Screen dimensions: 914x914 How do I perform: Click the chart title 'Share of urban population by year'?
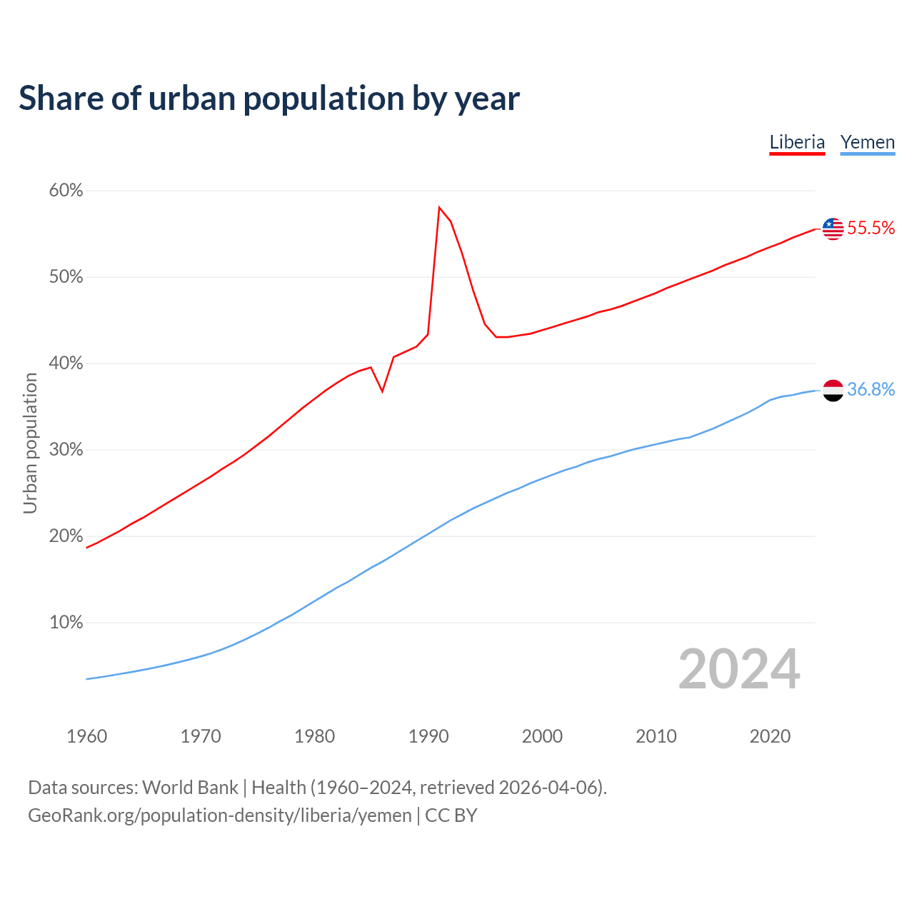pyautogui.click(x=269, y=99)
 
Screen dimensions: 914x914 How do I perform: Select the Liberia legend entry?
pyautogui.click(x=797, y=142)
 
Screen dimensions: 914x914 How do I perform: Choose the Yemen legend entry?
pyautogui.click(x=867, y=142)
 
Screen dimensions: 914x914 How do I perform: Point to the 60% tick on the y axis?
pyautogui.click(x=66, y=191)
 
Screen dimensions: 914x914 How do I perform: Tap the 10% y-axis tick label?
pyautogui.click(x=66, y=623)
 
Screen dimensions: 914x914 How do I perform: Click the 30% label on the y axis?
pyautogui.click(x=66, y=450)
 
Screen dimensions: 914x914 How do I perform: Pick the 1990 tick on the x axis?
pyautogui.click(x=428, y=736)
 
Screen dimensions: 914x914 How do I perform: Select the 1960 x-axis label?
pyautogui.click(x=87, y=736)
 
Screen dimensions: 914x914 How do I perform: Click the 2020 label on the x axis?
pyautogui.click(x=770, y=736)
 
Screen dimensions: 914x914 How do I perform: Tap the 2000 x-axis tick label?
pyautogui.click(x=542, y=736)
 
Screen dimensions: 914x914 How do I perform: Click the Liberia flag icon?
pyautogui.click(x=833, y=228)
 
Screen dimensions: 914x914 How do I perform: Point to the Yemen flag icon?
pyautogui.click(x=833, y=390)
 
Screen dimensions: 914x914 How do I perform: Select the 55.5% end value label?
pyautogui.click(x=870, y=228)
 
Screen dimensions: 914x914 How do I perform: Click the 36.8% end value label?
pyautogui.click(x=870, y=390)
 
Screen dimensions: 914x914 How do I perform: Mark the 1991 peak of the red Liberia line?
pyautogui.click(x=439, y=208)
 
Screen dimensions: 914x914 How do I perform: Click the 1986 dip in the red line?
pyautogui.click(x=383, y=391)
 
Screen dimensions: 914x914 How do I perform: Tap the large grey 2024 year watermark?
pyautogui.click(x=739, y=670)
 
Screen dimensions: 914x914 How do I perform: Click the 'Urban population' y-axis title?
pyautogui.click(x=30, y=443)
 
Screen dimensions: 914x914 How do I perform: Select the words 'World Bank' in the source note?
pyautogui.click(x=190, y=788)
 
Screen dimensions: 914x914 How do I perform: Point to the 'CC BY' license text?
pyautogui.click(x=451, y=815)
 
